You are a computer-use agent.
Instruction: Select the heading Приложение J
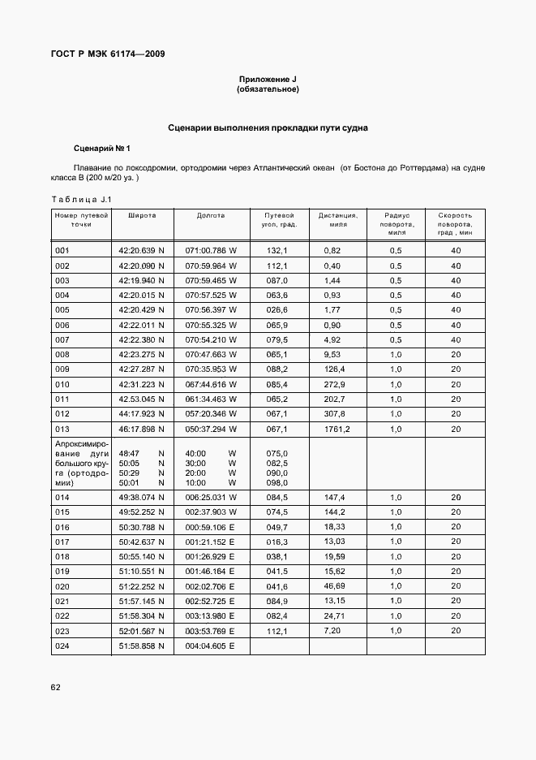(268, 79)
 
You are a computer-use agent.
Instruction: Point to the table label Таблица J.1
(80, 200)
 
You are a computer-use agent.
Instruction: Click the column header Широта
(141, 216)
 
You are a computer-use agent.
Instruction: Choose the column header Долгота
(211, 216)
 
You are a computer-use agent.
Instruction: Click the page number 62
(55, 687)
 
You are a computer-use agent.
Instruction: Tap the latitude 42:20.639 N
(141, 251)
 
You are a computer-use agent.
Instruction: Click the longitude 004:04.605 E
(210, 646)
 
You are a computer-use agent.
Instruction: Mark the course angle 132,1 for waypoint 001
(277, 251)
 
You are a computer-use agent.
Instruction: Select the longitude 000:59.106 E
(210, 527)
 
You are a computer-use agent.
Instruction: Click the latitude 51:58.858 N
(141, 646)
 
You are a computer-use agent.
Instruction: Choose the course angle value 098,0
(277, 482)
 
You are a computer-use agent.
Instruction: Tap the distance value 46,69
(333, 585)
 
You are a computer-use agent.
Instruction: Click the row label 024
(62, 646)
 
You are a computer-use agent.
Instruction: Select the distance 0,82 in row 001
(332, 251)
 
